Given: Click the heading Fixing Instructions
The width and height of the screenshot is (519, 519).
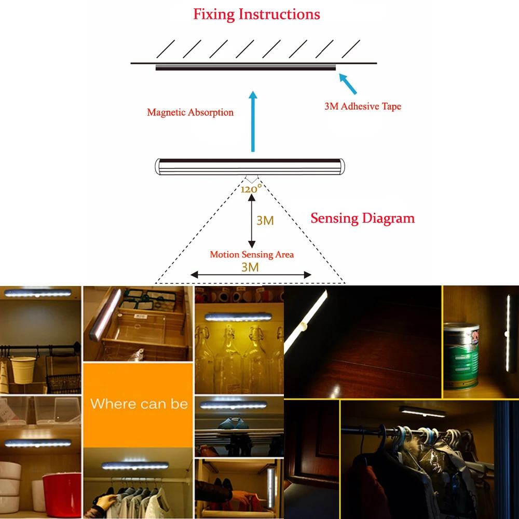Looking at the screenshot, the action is click(256, 14).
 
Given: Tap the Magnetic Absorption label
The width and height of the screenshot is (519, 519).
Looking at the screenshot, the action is click(190, 112).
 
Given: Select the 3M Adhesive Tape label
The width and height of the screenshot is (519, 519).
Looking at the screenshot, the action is click(363, 106).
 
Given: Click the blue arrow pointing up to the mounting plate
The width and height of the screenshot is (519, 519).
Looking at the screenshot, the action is click(253, 122).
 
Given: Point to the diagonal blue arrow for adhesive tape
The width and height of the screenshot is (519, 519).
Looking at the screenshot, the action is click(348, 83).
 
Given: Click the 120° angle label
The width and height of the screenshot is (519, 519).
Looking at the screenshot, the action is click(251, 189).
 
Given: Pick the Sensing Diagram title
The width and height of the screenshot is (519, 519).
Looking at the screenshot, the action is click(362, 218).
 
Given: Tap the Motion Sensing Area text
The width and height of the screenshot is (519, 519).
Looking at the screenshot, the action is click(252, 254).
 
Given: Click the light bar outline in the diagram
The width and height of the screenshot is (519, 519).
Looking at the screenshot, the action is click(251, 166).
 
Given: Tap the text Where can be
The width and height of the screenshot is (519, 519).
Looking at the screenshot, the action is click(139, 404).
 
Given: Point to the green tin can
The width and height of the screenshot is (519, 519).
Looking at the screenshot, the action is click(461, 356).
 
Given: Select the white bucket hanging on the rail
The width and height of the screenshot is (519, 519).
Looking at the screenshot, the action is click(23, 369).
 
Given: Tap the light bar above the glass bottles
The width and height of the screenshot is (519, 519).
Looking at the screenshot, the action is click(238, 317).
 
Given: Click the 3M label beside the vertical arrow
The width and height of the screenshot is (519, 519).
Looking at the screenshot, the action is click(265, 221).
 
